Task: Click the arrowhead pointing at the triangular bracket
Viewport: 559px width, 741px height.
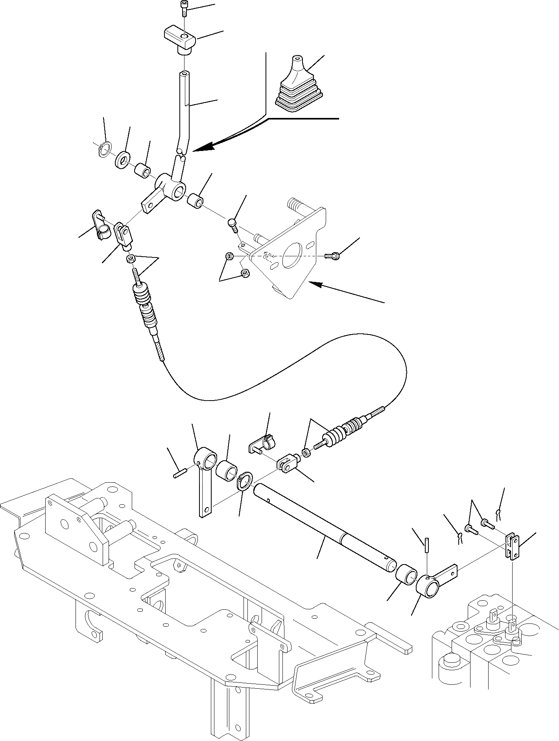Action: click(317, 284)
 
